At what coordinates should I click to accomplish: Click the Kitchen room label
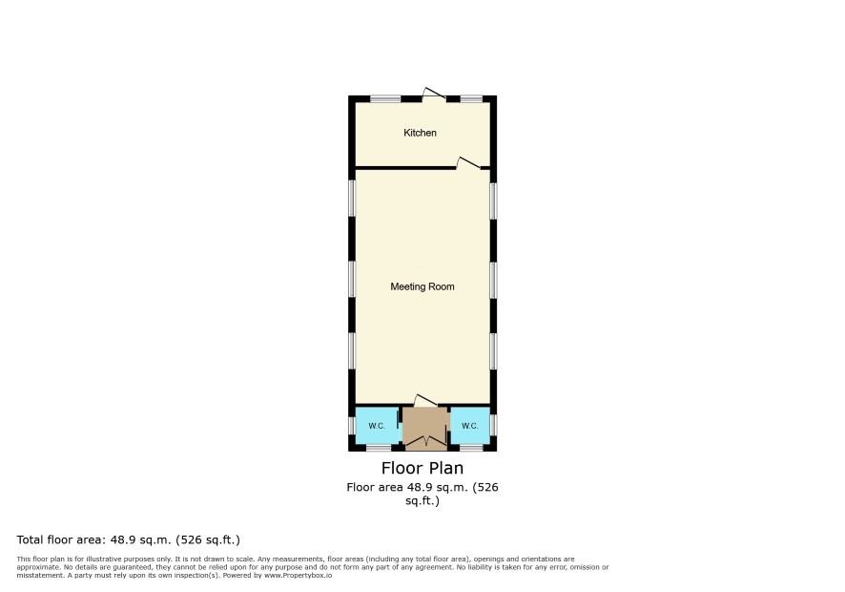pos(420,133)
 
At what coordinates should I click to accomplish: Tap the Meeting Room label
pos(422,286)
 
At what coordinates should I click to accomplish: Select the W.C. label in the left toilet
pos(377,426)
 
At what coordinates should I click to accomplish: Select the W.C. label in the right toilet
pos(470,426)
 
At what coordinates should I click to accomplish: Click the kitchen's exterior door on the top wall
pos(434,94)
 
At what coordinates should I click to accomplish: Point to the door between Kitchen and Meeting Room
pos(468,163)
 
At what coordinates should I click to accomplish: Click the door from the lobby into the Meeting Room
pos(425,400)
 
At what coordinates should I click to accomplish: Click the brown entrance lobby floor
pos(425,422)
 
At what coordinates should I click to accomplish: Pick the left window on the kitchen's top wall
pos(385,98)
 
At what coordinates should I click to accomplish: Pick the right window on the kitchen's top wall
pos(471,98)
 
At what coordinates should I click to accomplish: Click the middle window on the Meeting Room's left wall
pos(352,279)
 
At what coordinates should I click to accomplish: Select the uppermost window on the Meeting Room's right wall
pos(493,201)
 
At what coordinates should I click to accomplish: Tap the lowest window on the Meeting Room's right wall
pos(493,351)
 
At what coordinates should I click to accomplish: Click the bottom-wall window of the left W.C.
pos(379,448)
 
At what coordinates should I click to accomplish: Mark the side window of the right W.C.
pos(493,424)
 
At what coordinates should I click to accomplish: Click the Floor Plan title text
pos(422,468)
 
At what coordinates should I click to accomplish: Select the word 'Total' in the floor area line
pos(31,539)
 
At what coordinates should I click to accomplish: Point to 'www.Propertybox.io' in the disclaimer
pos(298,575)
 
